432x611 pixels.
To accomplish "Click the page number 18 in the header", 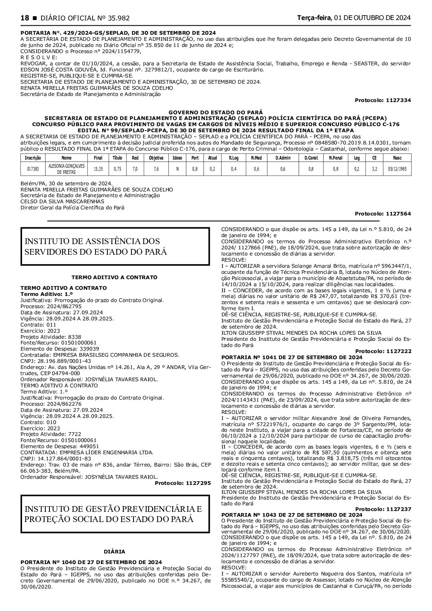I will (24, 18).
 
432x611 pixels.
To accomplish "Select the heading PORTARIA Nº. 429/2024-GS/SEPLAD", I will (118, 33).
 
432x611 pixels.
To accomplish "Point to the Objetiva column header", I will (156, 158).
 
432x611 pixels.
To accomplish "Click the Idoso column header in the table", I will (178, 158).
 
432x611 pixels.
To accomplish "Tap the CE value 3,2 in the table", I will (374, 169).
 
